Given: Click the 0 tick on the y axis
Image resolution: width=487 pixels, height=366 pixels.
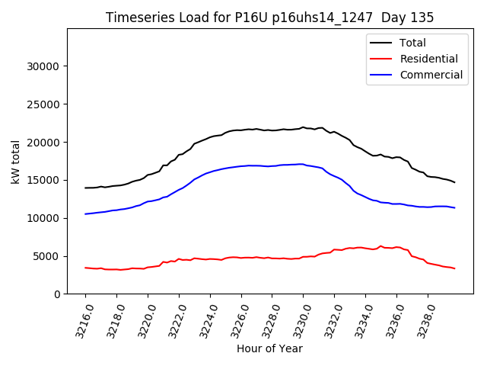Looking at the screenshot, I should tap(58, 294).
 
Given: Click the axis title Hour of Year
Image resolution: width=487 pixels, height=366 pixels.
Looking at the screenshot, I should tap(269, 348).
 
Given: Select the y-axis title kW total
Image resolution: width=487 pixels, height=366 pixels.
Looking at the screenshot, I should tap(15, 161).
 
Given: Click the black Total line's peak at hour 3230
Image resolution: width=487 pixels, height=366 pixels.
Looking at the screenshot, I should tap(303, 127).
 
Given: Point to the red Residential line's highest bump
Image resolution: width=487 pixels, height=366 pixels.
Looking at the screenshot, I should tap(380, 246).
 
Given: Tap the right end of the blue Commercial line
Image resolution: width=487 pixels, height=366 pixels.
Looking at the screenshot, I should tap(454, 207).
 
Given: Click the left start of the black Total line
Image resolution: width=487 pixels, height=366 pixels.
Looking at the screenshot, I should tap(85, 188).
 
